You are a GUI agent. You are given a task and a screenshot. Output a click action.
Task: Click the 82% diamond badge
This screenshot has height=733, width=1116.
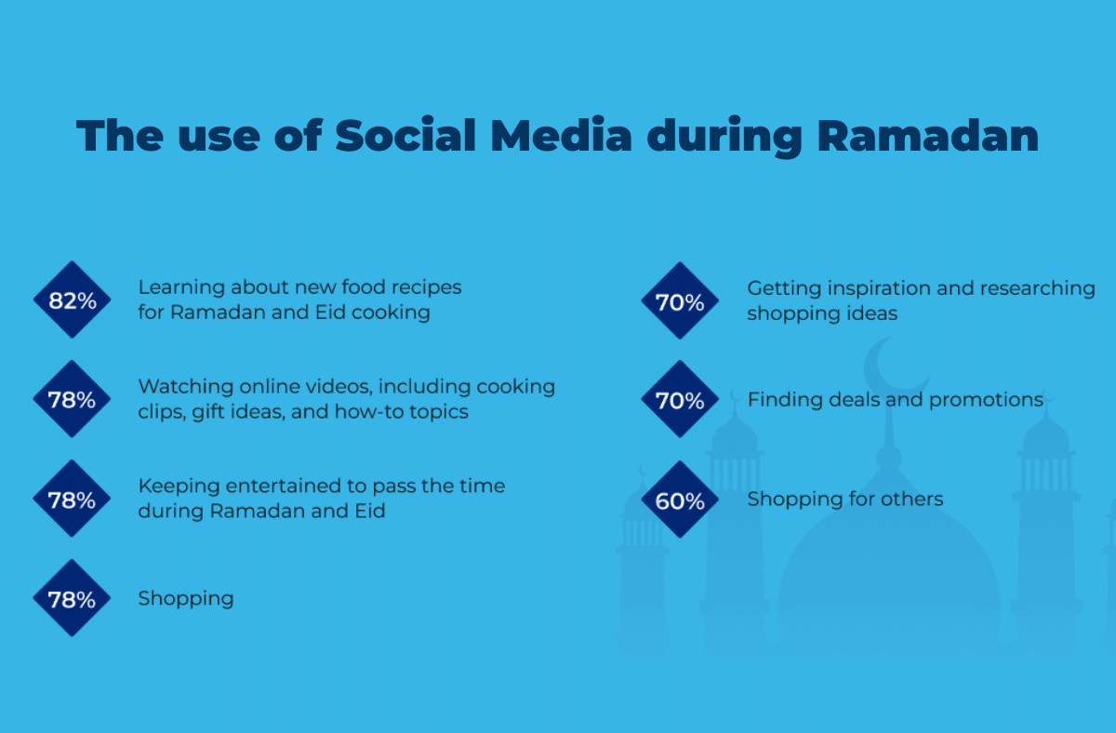click(72, 300)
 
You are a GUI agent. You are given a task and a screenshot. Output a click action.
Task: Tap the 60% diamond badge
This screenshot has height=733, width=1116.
click(680, 500)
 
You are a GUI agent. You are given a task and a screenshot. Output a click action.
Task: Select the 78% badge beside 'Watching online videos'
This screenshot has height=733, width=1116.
click(72, 400)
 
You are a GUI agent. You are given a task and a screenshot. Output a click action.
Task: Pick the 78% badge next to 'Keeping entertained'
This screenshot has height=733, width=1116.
click(72, 500)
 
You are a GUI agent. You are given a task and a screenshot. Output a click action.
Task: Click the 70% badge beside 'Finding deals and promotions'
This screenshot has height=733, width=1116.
click(680, 400)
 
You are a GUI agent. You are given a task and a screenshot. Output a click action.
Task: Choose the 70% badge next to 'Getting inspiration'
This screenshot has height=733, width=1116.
click(680, 301)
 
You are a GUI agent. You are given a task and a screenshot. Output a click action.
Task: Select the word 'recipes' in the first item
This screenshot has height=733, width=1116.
click(427, 287)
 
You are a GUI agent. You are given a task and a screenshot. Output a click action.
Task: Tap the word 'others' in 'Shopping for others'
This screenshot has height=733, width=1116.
click(913, 500)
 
